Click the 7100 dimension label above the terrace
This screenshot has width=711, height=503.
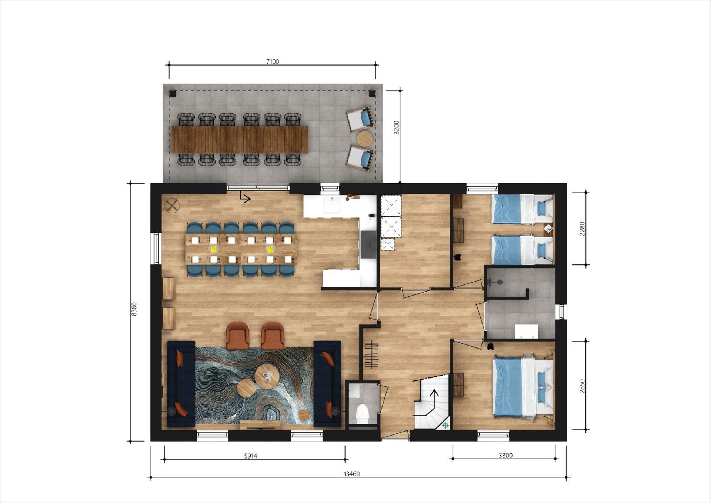[x=273, y=61]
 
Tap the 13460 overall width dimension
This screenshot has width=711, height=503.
[x=351, y=474]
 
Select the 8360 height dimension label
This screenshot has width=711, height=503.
[x=134, y=309]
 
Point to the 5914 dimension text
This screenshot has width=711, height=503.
[x=251, y=456]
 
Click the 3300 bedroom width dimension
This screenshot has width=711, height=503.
[x=505, y=456]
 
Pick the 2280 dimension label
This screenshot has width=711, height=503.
[x=583, y=229]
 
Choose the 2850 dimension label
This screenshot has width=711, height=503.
[x=583, y=386]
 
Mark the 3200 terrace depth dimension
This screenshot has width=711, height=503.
[x=397, y=127]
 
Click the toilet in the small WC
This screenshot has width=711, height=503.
[x=361, y=413]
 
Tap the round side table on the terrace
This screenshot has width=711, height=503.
[x=365, y=139]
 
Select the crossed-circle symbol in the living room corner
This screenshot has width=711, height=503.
[x=172, y=206]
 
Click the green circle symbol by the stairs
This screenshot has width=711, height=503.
[x=445, y=426]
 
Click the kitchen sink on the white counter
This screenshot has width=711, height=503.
[x=332, y=205]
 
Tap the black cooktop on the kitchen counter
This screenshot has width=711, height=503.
[x=368, y=244]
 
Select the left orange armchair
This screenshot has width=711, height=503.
[x=237, y=335]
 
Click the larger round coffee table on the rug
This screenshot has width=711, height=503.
[x=267, y=376]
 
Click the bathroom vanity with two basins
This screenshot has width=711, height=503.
[x=527, y=331]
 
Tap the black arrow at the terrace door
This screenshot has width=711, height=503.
[x=244, y=197]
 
